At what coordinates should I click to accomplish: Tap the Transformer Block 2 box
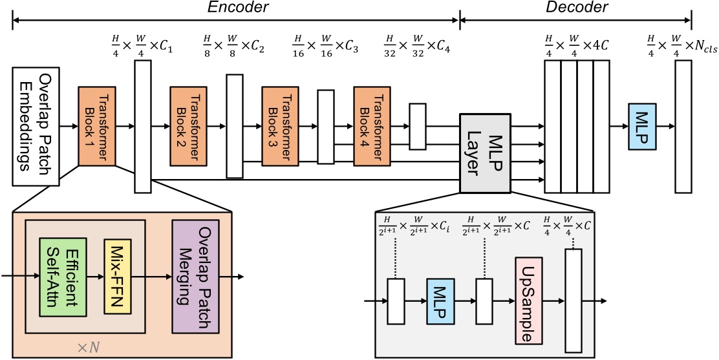188,126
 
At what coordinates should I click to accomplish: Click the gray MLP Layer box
486,152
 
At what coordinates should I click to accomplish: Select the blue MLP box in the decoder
643,127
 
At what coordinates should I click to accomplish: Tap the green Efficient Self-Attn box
62,277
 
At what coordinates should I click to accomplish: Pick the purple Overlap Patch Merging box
196,277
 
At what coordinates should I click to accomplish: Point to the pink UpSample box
531,301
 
